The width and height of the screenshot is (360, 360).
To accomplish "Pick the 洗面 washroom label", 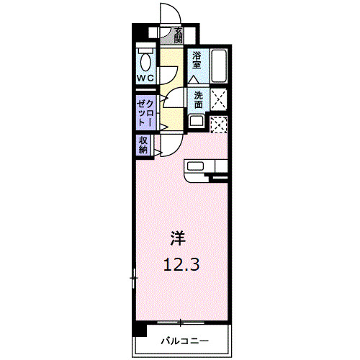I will pyautogui.click(x=197, y=99).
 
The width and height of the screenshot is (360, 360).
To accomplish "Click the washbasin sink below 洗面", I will pyautogui.click(x=196, y=121).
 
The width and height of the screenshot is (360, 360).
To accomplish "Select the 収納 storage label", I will pyautogui.click(x=143, y=145).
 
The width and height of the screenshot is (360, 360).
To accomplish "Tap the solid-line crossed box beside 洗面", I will pyautogui.click(x=219, y=99).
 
